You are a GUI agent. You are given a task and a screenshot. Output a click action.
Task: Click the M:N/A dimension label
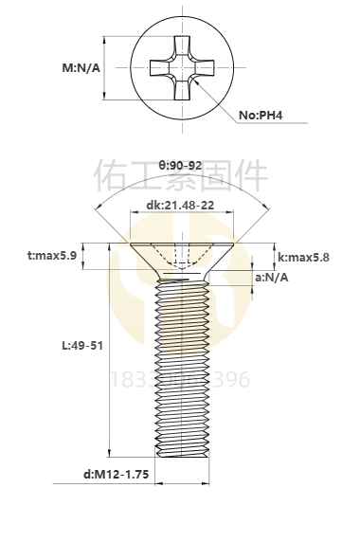click(81, 68)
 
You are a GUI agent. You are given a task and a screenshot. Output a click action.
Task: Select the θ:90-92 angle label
click(180, 165)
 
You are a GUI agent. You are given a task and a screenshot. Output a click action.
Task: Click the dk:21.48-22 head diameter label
click(180, 206)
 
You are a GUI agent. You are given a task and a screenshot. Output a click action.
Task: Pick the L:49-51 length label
click(81, 346)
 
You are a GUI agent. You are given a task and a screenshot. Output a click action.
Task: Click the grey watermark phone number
click(180, 381)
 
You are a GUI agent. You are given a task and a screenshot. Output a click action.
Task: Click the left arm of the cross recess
click(157, 68)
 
